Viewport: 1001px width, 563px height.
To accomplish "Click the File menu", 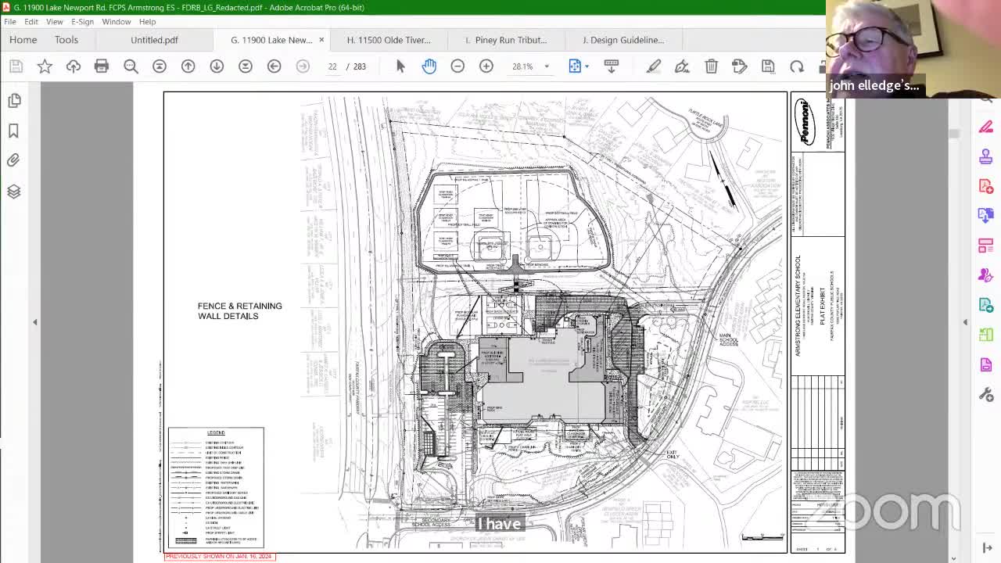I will point(10,22).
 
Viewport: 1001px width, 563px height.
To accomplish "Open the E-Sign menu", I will point(82,22).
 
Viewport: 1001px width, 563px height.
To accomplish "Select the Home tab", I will point(23,40).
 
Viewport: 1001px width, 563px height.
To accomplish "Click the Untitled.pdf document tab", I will point(154,40).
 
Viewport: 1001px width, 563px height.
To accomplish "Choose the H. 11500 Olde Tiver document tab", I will point(389,40).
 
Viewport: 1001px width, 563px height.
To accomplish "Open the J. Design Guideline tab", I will point(622,40).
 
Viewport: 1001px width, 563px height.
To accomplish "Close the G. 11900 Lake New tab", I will point(321,40).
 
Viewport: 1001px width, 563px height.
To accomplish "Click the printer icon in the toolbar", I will point(102,66).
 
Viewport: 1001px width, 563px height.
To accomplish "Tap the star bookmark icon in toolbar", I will point(45,66).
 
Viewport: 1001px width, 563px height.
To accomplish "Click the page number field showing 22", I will point(332,66).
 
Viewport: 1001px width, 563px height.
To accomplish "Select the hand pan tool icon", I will point(429,66).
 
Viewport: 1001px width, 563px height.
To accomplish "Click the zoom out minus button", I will point(457,66).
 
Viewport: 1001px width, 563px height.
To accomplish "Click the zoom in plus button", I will point(486,66).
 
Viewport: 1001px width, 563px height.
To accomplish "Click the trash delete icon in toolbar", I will point(711,66).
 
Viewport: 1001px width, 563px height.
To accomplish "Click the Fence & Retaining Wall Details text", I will point(239,311).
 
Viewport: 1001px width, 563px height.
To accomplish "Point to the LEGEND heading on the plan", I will point(216,432).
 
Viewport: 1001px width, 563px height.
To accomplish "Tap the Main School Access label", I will point(728,340).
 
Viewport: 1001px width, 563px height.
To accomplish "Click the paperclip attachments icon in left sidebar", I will point(13,160).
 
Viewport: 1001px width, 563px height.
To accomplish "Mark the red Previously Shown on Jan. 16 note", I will point(219,556).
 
